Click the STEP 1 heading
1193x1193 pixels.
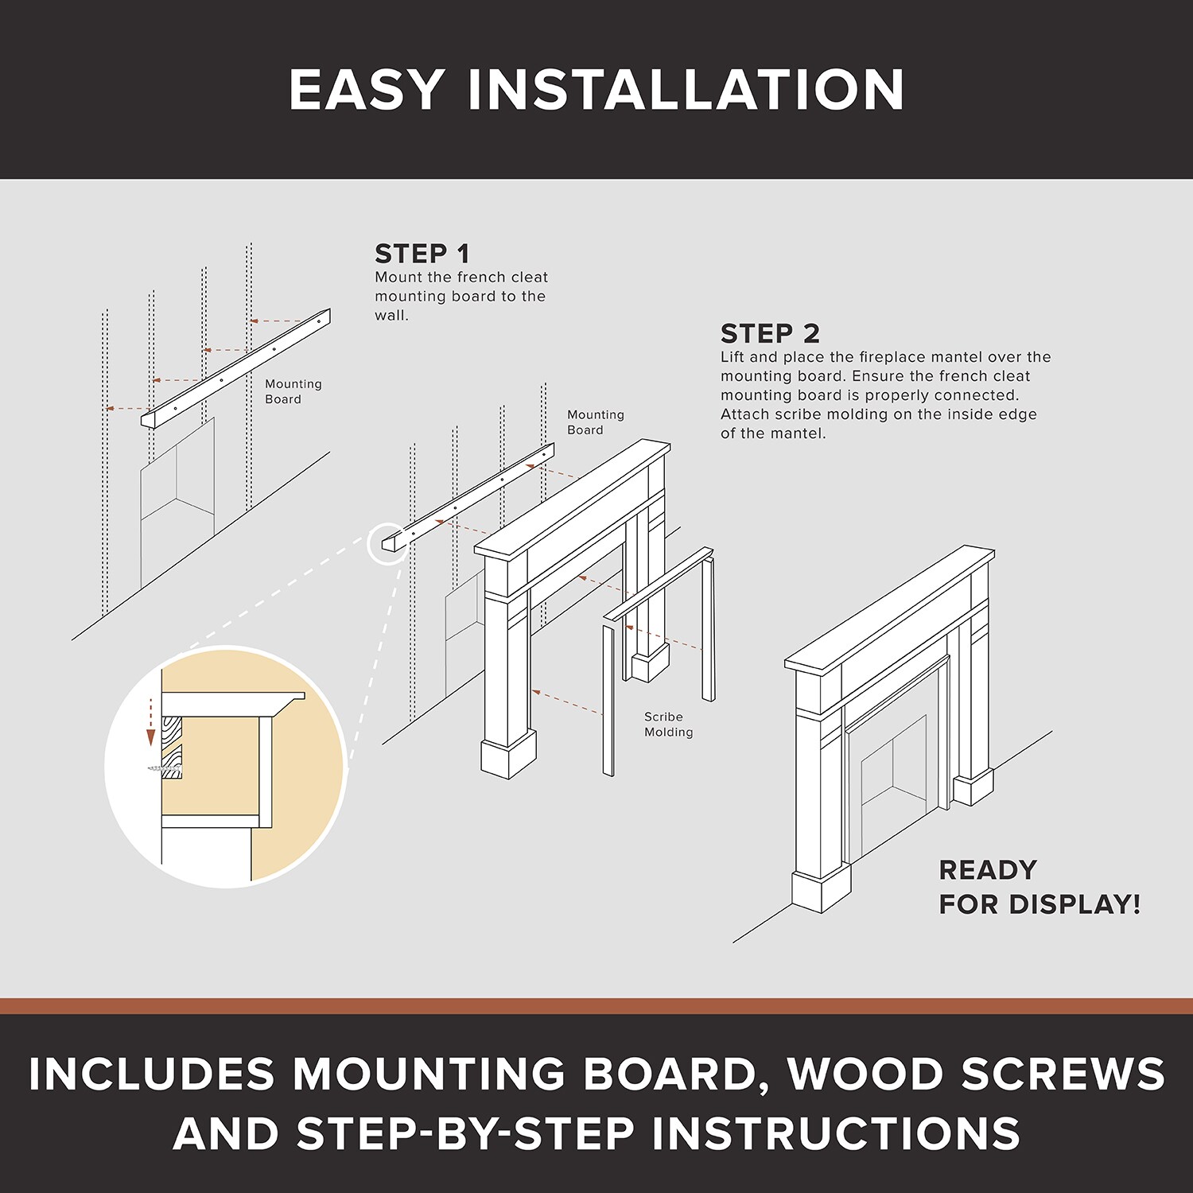point(422,254)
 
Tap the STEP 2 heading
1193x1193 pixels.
point(769,333)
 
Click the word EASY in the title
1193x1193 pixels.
point(367,89)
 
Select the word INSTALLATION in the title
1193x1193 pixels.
point(686,89)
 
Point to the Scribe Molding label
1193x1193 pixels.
point(668,724)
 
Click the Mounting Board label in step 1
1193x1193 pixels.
point(293,391)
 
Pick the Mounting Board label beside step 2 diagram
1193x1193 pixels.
point(595,422)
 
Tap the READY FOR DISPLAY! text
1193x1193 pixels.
point(1038,887)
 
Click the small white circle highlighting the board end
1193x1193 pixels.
point(388,544)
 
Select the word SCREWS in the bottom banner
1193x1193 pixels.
point(1063,1074)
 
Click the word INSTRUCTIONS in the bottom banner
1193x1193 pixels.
point(835,1133)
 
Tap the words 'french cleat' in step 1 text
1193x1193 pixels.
point(506,277)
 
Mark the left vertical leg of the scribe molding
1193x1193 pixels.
point(608,700)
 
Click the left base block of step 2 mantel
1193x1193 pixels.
point(508,756)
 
